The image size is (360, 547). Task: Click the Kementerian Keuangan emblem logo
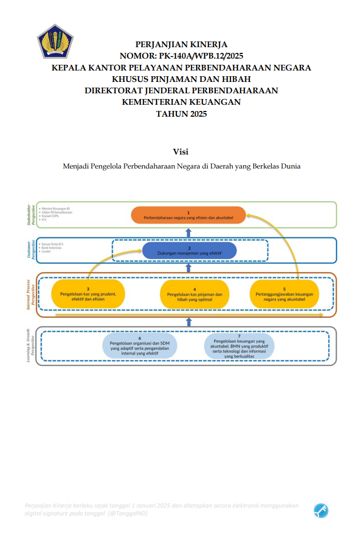55,41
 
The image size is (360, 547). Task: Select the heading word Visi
181,151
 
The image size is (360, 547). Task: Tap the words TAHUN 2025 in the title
181,114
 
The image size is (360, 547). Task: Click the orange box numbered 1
188,215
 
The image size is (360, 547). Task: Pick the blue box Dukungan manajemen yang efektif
189,250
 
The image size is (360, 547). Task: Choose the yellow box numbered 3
88,294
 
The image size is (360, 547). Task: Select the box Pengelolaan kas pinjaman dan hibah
195,294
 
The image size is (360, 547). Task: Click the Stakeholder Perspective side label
31,215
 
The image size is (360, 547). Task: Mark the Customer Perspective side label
31,250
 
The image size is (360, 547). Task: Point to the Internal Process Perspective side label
31,294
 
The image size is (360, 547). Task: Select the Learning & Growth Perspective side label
31,345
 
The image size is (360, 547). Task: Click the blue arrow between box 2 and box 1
189,233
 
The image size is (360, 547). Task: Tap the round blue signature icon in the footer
321,511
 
